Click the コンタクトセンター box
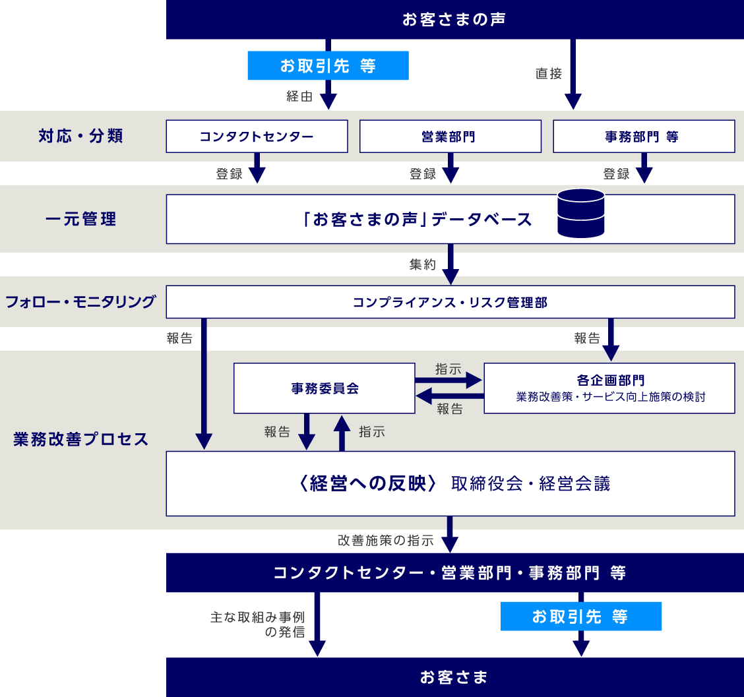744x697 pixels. click(x=257, y=136)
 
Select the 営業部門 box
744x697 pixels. click(x=450, y=136)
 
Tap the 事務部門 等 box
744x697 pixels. click(x=643, y=136)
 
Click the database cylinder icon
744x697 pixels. click(x=580, y=213)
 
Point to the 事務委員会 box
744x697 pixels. click(x=325, y=388)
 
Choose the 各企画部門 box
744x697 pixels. click(x=609, y=388)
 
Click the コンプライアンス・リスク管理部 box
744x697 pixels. click(x=450, y=302)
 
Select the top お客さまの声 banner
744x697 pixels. click(x=454, y=19)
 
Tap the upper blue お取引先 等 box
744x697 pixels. click(x=328, y=66)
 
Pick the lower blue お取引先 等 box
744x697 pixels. click(x=580, y=617)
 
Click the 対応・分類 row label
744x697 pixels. click(x=81, y=136)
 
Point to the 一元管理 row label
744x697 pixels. click(x=81, y=219)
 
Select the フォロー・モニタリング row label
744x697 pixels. click(x=81, y=302)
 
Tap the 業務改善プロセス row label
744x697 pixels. click(x=81, y=439)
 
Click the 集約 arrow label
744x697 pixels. click(x=422, y=265)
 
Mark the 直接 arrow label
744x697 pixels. click(x=548, y=74)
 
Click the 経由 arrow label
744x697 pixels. click(x=299, y=97)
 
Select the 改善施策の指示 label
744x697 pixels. click(x=386, y=541)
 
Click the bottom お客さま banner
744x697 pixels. click(x=454, y=677)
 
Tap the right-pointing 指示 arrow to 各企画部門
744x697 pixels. click(x=449, y=380)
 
